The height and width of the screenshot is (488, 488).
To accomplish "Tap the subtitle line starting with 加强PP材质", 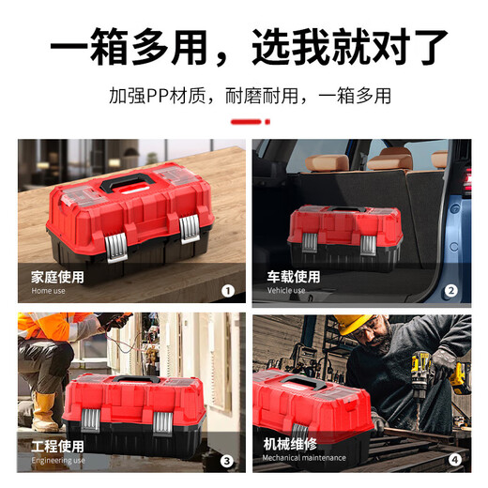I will pyautogui.click(x=249, y=96).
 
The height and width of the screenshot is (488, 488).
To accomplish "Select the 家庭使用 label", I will pyautogui.click(x=57, y=277).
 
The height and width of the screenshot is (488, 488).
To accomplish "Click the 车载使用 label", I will pyautogui.click(x=294, y=277).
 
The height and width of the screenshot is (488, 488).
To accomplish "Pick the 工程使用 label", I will pyautogui.click(x=57, y=446).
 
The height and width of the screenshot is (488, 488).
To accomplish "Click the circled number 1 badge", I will pyautogui.click(x=227, y=291).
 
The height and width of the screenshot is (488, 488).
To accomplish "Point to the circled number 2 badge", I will pyautogui.click(x=451, y=291).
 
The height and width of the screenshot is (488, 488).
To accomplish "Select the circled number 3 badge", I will pyautogui.click(x=227, y=460).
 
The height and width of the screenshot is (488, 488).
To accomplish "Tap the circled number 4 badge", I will pyautogui.click(x=454, y=460).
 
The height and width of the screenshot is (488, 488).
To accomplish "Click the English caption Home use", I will pyautogui.click(x=49, y=291).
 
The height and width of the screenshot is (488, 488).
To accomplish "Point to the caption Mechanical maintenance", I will pyautogui.click(x=305, y=458).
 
